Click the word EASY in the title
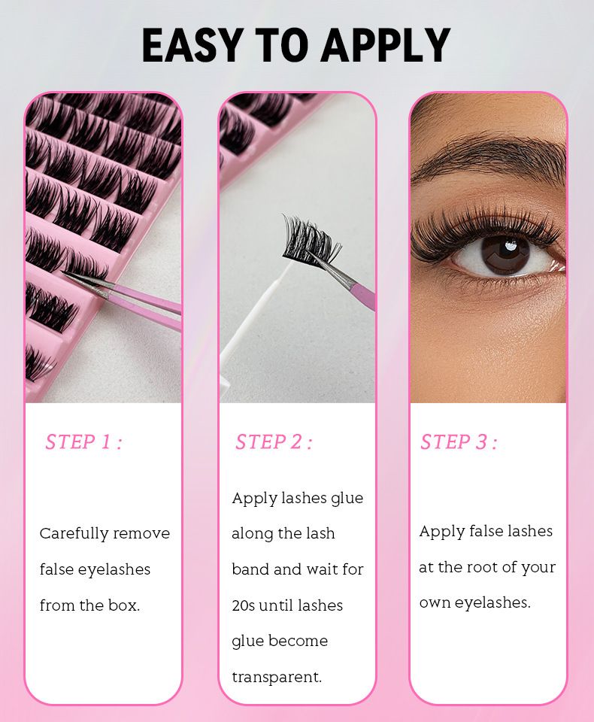[192, 45]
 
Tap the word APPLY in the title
[385, 45]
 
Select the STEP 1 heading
[83, 442]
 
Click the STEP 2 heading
[274, 442]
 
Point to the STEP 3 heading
[459, 442]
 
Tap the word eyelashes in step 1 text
[114, 569]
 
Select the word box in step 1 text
[124, 605]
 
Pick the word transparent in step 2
[277, 677]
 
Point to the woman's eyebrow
[489, 156]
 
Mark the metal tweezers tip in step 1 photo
[86, 282]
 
